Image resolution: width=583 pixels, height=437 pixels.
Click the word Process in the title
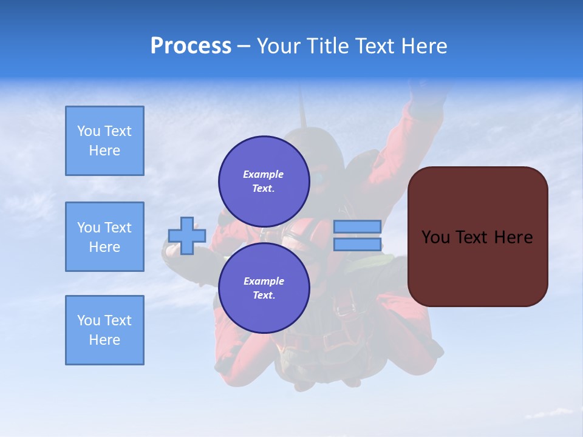point(191,46)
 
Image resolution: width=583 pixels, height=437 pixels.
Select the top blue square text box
point(104,141)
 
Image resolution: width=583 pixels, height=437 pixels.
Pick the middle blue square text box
point(104,237)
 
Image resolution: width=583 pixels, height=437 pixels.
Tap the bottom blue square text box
point(104,330)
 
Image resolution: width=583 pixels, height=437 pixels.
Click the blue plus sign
point(187,235)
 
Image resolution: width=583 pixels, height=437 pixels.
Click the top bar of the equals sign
point(357,226)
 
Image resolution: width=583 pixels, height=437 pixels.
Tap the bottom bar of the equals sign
point(357,245)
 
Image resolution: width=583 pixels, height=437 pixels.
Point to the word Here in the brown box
point(513,237)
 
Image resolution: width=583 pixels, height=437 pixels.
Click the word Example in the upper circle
point(264,174)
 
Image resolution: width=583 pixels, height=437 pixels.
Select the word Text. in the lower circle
point(264,296)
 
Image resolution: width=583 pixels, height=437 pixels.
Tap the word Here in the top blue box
point(104,151)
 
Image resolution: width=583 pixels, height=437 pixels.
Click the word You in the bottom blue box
point(89,320)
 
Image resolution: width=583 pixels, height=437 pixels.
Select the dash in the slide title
point(244,46)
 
